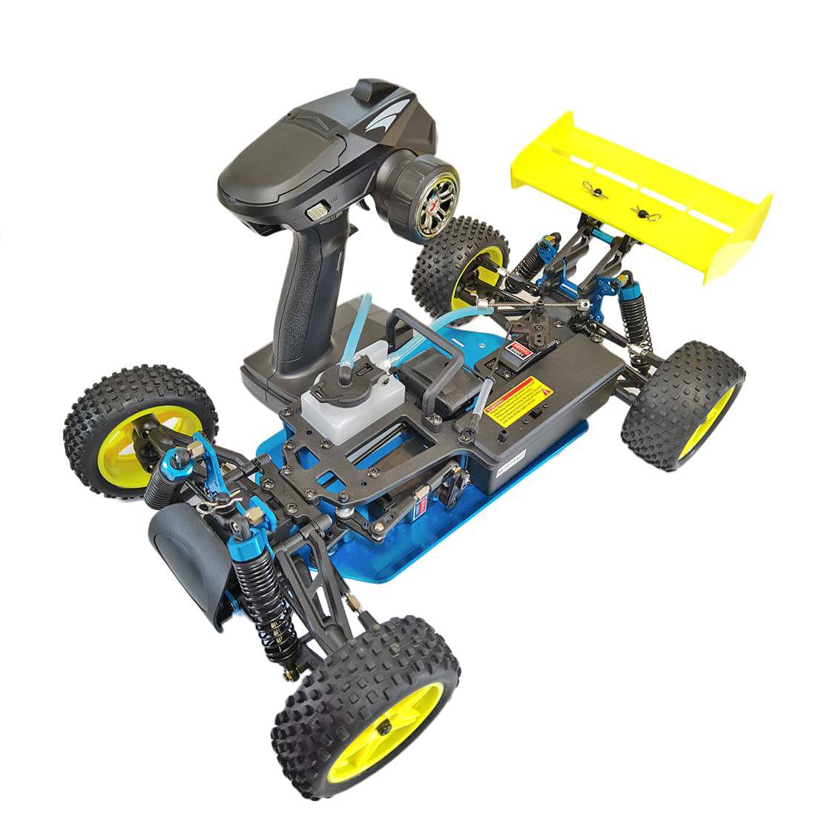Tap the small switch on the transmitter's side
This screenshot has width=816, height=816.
pos(317,211)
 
